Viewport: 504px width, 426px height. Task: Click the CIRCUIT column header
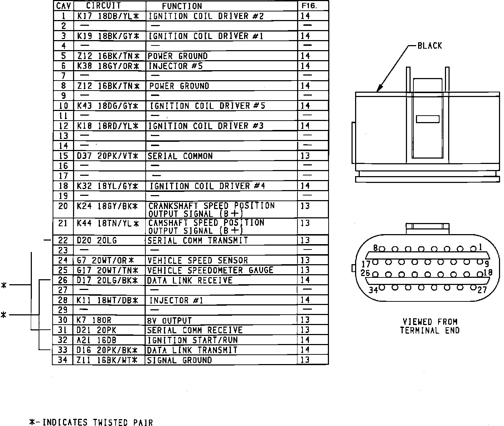click(103, 6)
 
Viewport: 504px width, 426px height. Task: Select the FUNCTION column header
click(182, 6)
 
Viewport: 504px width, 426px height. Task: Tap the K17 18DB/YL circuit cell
click(107, 16)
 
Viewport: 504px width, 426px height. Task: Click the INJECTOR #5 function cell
click(175, 66)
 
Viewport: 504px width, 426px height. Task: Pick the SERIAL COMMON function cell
click(180, 156)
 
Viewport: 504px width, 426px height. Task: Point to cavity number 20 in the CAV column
click(63, 206)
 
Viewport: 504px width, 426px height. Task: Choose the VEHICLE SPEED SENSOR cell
click(198, 260)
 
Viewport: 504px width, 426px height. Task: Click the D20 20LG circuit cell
click(97, 241)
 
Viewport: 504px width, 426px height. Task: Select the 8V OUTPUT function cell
click(170, 320)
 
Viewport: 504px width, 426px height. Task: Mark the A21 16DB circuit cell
click(97, 340)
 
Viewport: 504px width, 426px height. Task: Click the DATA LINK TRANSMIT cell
click(193, 350)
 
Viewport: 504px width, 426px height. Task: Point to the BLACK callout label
click(430, 46)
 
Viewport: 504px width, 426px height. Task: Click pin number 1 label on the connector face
click(480, 247)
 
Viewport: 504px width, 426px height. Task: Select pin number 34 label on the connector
click(373, 290)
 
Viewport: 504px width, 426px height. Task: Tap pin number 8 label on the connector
click(375, 248)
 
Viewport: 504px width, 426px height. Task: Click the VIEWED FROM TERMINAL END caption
click(430, 326)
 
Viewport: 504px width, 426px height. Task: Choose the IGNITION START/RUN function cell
click(193, 340)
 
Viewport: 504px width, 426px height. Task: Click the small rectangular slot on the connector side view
click(427, 119)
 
